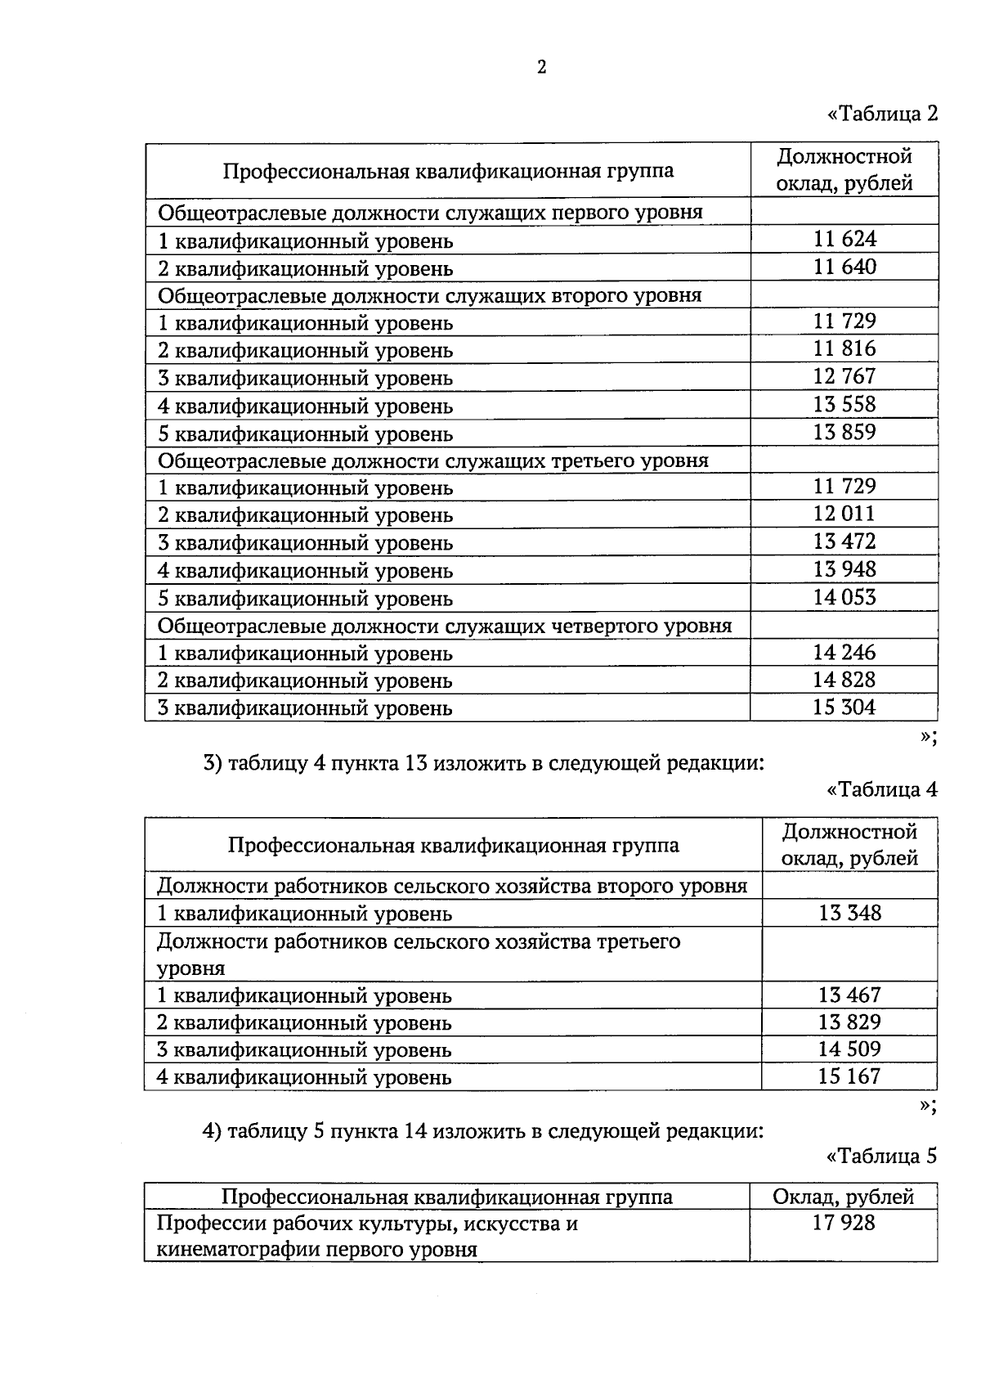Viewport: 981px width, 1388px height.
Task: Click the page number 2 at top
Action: click(541, 68)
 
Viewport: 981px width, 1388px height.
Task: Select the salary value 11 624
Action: click(844, 239)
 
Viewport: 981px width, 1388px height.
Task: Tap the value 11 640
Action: click(844, 267)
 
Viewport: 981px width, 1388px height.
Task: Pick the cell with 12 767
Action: click(844, 376)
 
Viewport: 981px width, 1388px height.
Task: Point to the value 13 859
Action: click(844, 432)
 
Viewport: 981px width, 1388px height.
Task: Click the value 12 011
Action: click(844, 514)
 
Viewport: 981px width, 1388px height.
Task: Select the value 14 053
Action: click(844, 597)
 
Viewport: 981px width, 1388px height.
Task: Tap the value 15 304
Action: click(844, 707)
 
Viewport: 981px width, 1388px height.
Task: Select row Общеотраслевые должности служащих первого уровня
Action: click(430, 213)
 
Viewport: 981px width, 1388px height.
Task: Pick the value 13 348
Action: click(850, 913)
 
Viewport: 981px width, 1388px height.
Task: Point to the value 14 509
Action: click(850, 1049)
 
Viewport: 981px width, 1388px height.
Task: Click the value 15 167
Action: click(850, 1076)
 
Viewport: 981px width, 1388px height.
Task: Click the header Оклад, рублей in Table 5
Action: click(844, 1197)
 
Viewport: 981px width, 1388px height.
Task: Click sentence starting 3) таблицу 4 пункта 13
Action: click(484, 764)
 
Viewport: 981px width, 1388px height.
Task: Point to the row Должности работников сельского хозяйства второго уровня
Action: click(451, 886)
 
